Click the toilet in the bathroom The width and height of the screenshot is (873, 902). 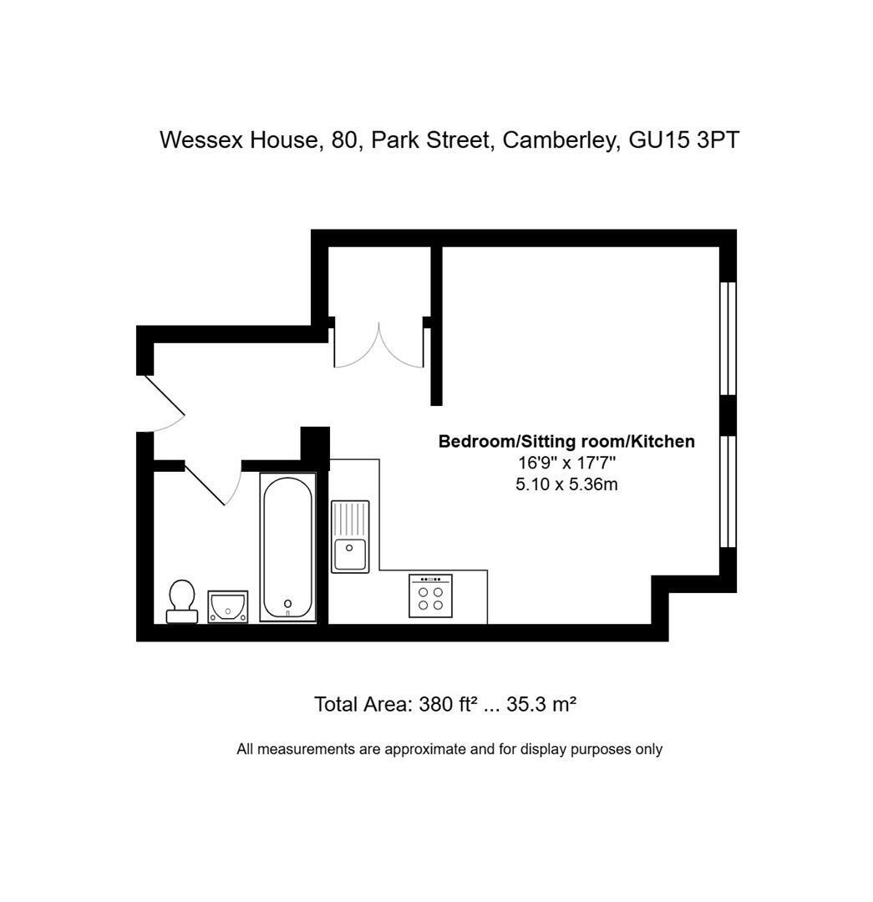182,601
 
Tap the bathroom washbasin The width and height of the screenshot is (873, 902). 228,606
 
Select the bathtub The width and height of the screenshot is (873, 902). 287,547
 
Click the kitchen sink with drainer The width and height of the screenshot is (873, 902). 350,537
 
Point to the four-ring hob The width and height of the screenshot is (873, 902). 430,596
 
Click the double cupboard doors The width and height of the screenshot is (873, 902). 379,345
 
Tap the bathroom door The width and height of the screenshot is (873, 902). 213,484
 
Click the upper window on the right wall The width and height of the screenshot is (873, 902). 728,338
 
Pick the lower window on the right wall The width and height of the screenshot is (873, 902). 728,491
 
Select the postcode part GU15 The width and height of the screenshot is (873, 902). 659,140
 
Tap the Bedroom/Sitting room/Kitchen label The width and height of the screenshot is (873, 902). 566,441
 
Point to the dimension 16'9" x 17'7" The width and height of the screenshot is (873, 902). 567,463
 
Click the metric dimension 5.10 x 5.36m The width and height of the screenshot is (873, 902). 567,484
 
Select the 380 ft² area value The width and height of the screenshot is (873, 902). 449,704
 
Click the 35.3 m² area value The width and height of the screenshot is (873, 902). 541,704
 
